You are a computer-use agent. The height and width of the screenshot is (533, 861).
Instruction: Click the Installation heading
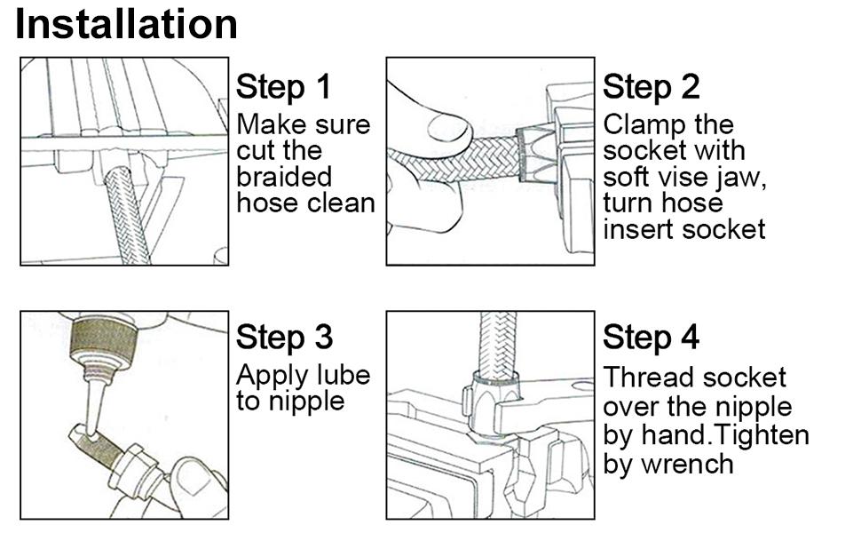[127, 24]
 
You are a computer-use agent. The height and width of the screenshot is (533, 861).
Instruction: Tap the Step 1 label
[283, 87]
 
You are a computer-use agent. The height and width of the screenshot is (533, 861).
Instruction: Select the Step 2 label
[651, 87]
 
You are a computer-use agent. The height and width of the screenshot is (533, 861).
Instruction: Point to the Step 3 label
[284, 338]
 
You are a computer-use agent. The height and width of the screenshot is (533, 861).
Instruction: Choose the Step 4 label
[651, 338]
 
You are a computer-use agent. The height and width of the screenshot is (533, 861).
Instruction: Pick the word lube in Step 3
[341, 376]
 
